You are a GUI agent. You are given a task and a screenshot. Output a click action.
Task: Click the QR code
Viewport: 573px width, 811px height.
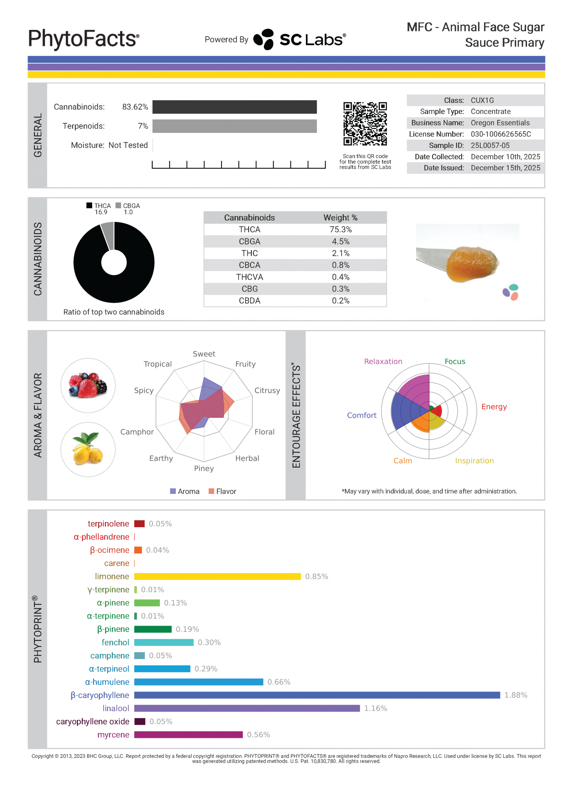[365, 124]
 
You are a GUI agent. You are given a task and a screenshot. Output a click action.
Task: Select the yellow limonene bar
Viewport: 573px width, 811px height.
[217, 576]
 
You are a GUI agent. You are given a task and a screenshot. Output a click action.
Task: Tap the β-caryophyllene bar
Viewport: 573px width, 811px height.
[317, 695]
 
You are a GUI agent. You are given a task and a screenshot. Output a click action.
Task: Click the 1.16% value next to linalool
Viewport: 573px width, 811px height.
[376, 708]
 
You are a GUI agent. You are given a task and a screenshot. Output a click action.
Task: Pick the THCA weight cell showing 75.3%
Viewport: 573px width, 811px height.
[340, 230]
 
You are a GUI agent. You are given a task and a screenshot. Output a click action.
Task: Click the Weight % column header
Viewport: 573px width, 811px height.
[340, 218]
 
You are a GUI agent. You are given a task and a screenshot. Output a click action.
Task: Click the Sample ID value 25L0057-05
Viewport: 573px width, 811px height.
[490, 145]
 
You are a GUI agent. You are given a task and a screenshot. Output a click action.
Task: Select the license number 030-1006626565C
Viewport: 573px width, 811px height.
[500, 134]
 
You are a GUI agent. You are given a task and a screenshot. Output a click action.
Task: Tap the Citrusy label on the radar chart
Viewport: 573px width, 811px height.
[267, 390]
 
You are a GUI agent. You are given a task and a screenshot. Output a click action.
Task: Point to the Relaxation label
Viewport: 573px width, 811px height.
[383, 361]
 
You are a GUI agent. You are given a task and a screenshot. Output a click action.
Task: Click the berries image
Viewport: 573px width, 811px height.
[88, 385]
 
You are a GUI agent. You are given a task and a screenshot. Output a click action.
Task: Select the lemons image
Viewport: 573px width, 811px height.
[88, 449]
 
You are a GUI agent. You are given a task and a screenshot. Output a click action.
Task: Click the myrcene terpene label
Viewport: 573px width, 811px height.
[113, 735]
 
